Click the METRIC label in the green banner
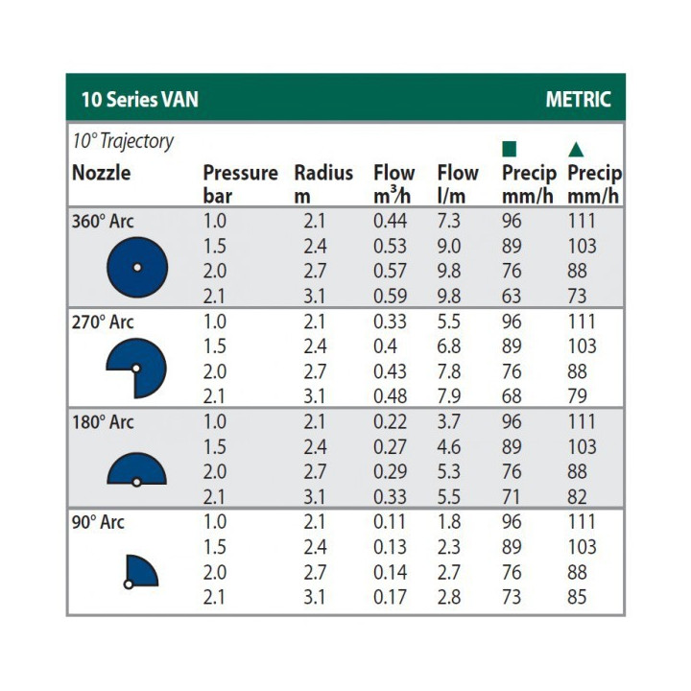pos(578,100)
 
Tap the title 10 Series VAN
pos(139,100)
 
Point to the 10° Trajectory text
pos(123,141)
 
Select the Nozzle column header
pos(101,174)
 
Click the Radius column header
pos(323,174)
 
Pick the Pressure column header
pos(240,174)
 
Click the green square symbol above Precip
pos(510,149)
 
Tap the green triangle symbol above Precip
pos(576,149)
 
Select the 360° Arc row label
pos(104,221)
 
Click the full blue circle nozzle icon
pos(136,266)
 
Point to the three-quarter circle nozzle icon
pos(136,368)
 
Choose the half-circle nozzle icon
pos(136,469)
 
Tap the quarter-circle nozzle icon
pos(140,571)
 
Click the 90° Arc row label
pos(99,522)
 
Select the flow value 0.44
pos(390,221)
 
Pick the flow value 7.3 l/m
pos(449,221)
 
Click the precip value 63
pos(512,297)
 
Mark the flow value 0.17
pos(390,598)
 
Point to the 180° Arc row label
pos(104,422)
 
